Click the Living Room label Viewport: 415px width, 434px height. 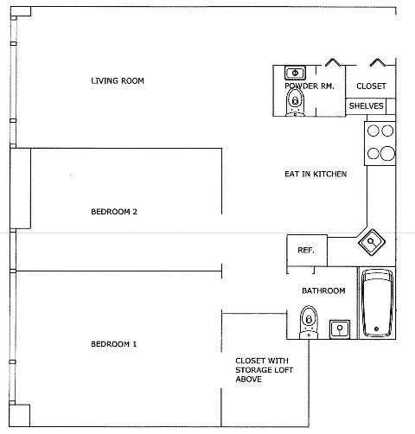point(118,81)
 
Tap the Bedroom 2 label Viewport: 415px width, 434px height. point(114,212)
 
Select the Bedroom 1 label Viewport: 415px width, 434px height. point(114,344)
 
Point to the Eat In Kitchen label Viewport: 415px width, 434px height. point(316,174)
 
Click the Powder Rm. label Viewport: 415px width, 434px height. point(310,86)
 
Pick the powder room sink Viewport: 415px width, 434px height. point(295,73)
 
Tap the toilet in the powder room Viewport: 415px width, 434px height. point(295,102)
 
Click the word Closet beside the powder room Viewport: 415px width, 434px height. point(371,86)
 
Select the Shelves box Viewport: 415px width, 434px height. point(366,106)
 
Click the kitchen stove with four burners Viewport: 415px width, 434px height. point(380,144)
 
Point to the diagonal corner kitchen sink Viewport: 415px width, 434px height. point(372,241)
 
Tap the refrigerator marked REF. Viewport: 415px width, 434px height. point(307,251)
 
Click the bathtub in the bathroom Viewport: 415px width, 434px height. point(377,303)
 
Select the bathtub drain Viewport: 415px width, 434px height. point(376,329)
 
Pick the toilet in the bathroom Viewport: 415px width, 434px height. point(309,322)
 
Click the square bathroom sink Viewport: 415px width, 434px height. point(340,329)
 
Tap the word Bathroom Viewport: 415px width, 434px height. point(323,290)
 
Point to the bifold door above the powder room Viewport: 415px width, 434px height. point(333,62)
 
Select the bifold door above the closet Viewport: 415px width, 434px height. point(378,62)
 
